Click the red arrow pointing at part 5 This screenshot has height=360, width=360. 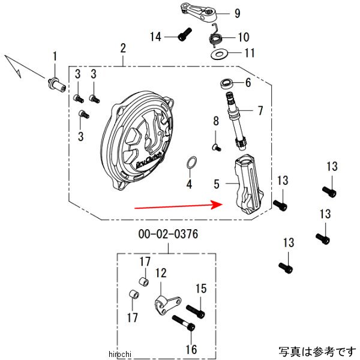click(178, 206)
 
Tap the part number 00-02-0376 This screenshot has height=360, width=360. click(168, 234)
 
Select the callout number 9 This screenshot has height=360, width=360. click(238, 13)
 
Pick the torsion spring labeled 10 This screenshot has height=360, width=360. click(215, 36)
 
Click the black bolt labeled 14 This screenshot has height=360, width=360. click(185, 34)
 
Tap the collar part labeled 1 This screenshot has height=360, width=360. click(57, 85)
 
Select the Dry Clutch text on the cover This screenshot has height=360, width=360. click(149, 161)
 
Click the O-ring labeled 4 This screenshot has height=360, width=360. click(191, 163)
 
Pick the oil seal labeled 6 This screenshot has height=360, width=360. click(227, 83)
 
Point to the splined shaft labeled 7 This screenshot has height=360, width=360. click(236, 121)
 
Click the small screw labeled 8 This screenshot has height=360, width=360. click(216, 147)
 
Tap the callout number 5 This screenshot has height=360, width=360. click(217, 184)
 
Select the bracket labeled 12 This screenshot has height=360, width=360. click(167, 305)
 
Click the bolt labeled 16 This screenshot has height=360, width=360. click(184, 323)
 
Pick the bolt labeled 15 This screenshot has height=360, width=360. click(196, 311)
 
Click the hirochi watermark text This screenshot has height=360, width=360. click(119, 354)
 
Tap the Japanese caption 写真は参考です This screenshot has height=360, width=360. click(317, 351)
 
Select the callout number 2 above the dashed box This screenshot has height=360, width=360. click(123, 48)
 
